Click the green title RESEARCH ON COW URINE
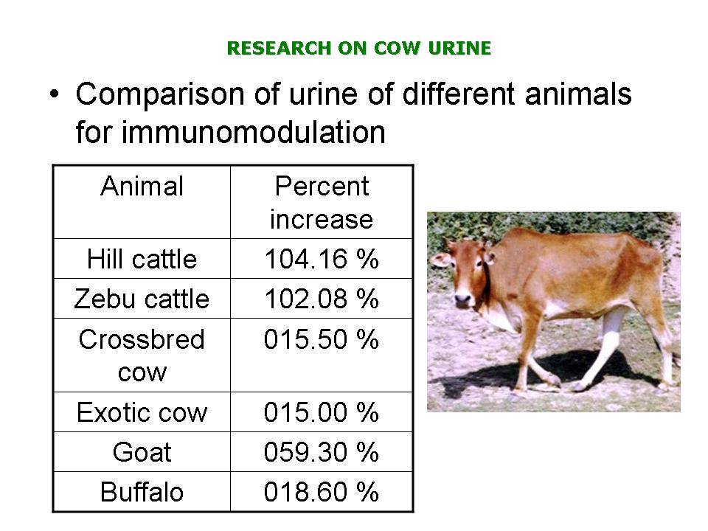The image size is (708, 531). (x=359, y=48)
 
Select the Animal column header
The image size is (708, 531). (x=142, y=186)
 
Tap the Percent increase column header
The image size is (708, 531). (x=322, y=203)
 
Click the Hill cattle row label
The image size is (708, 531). (x=142, y=259)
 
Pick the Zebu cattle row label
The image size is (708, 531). (x=142, y=299)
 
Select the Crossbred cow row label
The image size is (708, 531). (x=142, y=355)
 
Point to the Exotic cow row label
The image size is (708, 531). (x=142, y=412)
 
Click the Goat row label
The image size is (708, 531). (x=142, y=452)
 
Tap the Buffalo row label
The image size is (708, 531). (x=142, y=492)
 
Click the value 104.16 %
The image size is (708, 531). (x=322, y=259)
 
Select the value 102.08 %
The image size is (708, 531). (x=322, y=299)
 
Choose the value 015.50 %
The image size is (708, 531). (x=322, y=339)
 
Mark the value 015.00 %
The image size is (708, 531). (x=322, y=412)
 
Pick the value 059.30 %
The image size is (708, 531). (x=322, y=452)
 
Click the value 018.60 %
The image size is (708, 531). (x=322, y=492)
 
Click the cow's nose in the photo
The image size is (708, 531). (x=462, y=299)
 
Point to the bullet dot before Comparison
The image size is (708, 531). (x=55, y=95)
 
